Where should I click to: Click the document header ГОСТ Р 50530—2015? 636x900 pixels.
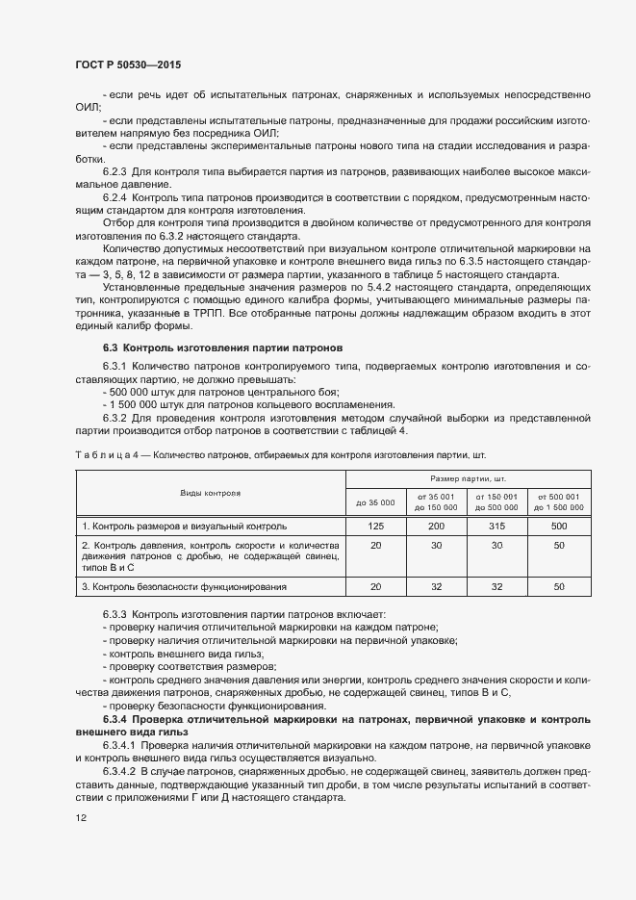tap(128, 64)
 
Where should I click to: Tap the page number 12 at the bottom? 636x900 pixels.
tap(81, 817)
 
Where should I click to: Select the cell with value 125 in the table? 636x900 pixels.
tap(375, 527)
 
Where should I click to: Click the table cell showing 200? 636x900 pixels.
tap(436, 527)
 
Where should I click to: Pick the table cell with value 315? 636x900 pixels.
tap(496, 527)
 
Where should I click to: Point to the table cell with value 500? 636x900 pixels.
tap(558, 527)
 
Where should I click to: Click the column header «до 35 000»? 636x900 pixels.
tap(375, 501)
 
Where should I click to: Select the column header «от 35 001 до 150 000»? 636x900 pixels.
tap(436, 501)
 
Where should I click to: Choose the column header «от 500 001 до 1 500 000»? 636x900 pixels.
tap(558, 501)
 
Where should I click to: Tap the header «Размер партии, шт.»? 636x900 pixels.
tap(468, 477)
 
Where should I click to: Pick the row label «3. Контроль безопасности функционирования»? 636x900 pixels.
tap(185, 586)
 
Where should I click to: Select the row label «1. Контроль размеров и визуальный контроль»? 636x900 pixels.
tap(184, 527)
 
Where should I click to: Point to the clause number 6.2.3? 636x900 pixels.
tap(115, 171)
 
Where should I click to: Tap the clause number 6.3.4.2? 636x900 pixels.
tap(120, 771)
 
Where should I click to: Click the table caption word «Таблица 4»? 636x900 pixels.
tap(106, 453)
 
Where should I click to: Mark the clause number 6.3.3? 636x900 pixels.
tap(115, 614)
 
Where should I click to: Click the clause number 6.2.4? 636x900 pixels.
tap(115, 196)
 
